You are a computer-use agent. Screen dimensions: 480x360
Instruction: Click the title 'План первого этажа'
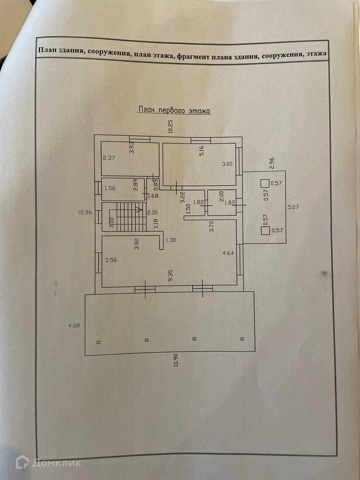click(174, 110)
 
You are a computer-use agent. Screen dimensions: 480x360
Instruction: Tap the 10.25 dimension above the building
click(170, 126)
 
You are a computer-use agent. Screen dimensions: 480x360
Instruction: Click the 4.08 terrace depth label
click(74, 325)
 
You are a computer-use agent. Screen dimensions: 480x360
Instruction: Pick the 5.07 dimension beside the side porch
click(294, 207)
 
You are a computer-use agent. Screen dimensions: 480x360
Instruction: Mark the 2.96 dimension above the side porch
click(272, 164)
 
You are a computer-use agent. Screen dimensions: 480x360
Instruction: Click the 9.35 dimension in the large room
click(170, 275)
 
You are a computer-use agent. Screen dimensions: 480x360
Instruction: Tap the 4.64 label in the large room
click(228, 252)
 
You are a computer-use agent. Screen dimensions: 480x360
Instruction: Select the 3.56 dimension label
click(110, 260)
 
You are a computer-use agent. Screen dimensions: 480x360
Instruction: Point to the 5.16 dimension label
click(202, 151)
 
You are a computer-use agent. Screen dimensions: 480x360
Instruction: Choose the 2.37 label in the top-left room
click(108, 158)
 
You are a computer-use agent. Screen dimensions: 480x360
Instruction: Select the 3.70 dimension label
click(212, 226)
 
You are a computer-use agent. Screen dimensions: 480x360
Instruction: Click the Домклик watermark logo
click(48, 463)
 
